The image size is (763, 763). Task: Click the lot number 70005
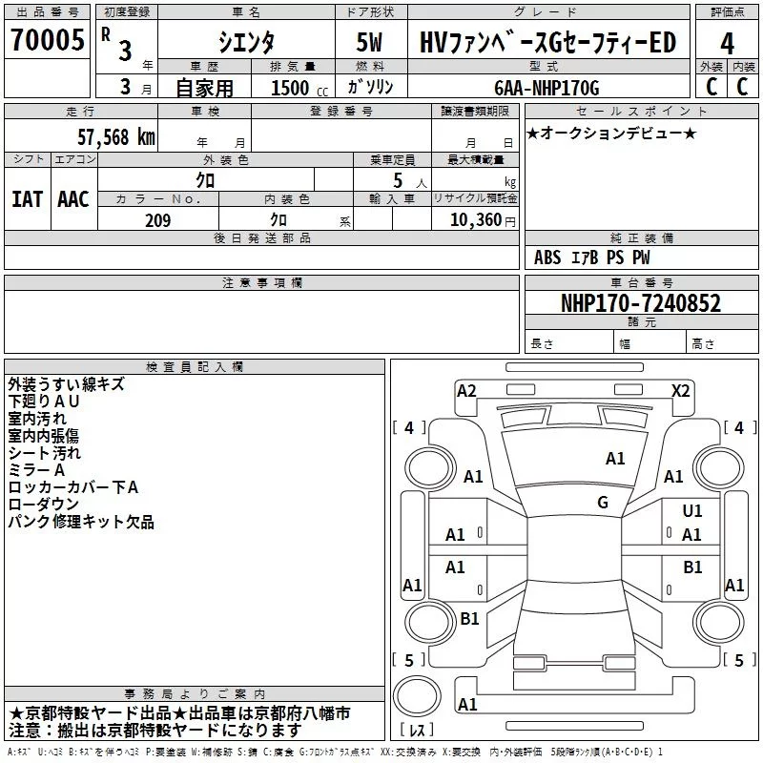(x=47, y=41)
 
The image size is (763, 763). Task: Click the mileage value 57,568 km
(x=116, y=136)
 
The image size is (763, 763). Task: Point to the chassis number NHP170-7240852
(x=641, y=303)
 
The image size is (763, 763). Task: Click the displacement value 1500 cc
(x=292, y=88)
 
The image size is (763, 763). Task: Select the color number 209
(x=157, y=220)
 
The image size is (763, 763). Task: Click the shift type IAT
(x=28, y=198)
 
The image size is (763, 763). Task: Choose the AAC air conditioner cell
(x=73, y=198)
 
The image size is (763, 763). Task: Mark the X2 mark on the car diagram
(x=681, y=390)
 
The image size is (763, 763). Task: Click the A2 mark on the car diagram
(x=466, y=390)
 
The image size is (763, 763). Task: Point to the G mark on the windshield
(x=603, y=503)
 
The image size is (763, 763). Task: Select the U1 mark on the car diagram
(x=692, y=511)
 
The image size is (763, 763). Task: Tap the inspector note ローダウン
(x=44, y=505)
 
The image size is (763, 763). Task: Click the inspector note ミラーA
(x=37, y=470)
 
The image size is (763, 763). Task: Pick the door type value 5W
(x=369, y=43)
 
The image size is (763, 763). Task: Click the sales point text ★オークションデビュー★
(x=611, y=133)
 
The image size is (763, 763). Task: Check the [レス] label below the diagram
(x=417, y=732)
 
